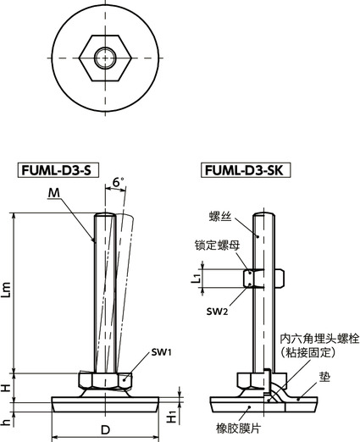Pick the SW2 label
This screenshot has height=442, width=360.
215,312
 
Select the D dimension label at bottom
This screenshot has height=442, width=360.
105,430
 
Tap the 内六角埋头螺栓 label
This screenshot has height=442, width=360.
320,339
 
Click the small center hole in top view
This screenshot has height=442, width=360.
105,58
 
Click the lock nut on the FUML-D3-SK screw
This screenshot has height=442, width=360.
256,277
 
